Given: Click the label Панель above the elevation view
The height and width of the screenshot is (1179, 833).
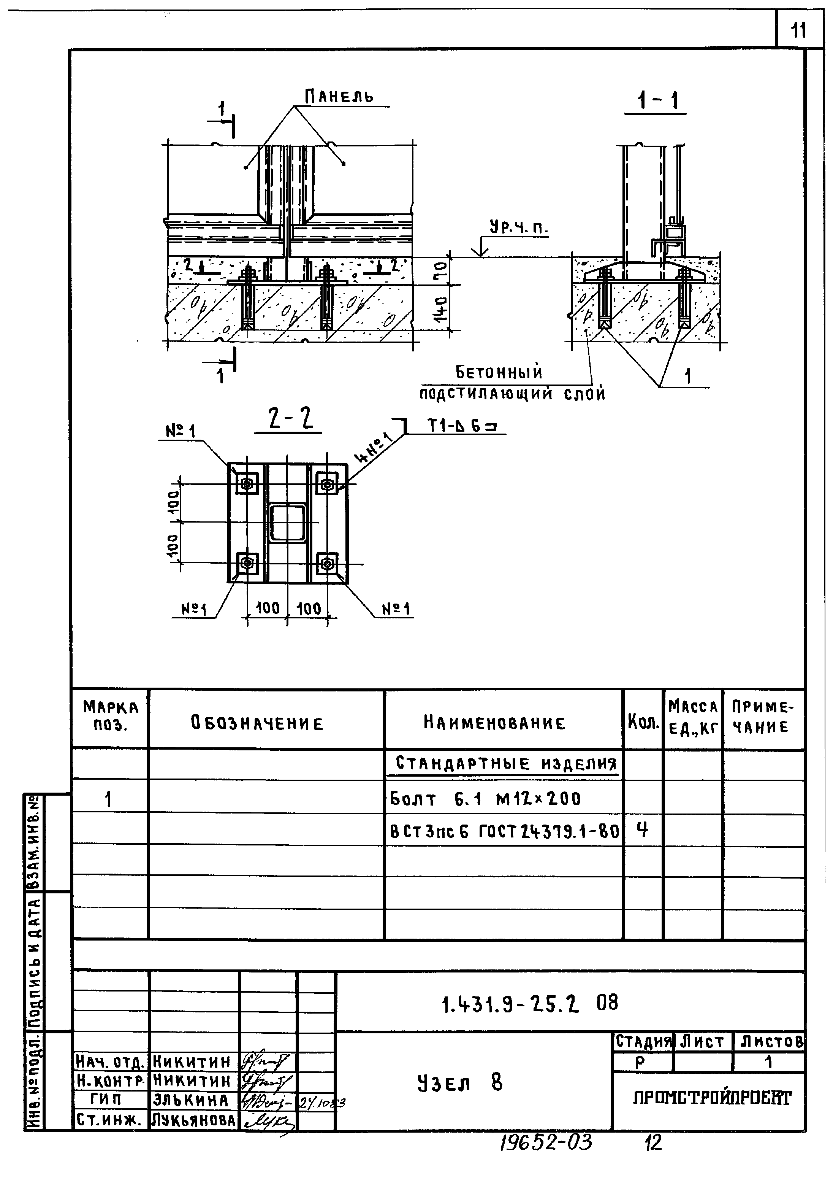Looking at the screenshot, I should pyautogui.click(x=339, y=96).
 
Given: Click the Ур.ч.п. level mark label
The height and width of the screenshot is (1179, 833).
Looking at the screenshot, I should pyautogui.click(x=517, y=227).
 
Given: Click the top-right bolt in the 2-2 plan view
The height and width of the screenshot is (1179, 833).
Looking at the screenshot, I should pyautogui.click(x=327, y=483).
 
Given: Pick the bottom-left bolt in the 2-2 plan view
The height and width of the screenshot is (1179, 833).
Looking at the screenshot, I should pyautogui.click(x=247, y=563).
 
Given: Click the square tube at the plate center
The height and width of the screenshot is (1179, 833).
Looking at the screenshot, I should pyautogui.click(x=288, y=523).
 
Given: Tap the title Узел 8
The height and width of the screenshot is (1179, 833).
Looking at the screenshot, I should pyautogui.click(x=460, y=1082).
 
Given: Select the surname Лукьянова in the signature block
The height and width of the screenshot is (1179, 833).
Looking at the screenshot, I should pyautogui.click(x=194, y=1120).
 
